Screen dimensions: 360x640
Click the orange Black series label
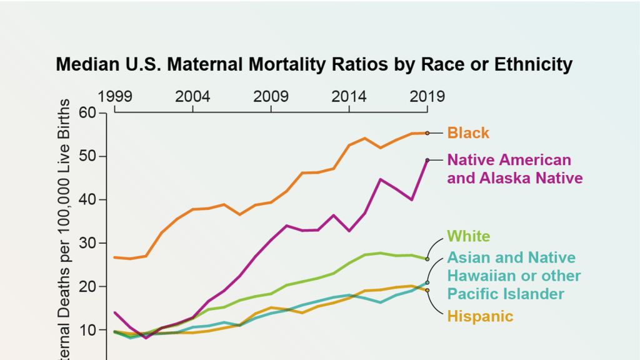pos(468,133)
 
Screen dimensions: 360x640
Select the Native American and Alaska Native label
pos(514,169)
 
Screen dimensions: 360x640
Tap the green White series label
pos(468,236)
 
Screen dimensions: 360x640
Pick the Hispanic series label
pos(480,316)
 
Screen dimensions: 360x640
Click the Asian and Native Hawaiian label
pos(514,276)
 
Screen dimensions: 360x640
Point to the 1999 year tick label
pos(115,96)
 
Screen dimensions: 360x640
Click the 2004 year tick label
pos(193,96)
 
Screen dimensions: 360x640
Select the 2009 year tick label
pos(271,96)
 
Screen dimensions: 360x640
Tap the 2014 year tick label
pos(349,96)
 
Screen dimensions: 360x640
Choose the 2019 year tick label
pos(427,96)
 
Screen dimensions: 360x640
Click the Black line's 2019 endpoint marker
pos(427,133)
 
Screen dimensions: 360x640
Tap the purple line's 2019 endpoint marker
pos(427,160)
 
